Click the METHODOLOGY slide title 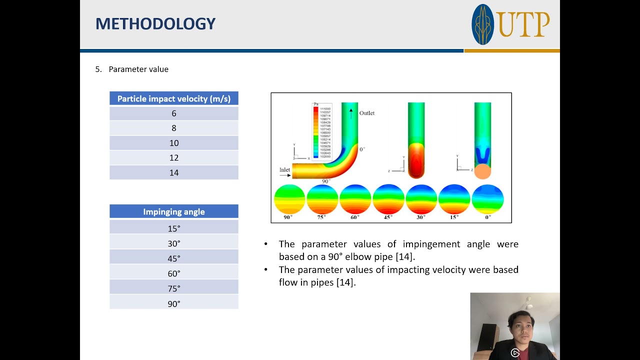155,23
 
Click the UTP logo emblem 483,24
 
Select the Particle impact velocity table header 173,98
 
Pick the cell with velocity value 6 173,113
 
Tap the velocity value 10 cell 173,143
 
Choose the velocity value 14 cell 173,172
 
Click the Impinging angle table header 173,212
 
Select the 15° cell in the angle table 173,228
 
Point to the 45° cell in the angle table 173,258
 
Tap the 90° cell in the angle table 173,303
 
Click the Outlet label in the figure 366,113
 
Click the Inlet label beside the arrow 284,170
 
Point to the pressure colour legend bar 315,132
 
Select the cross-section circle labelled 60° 355,199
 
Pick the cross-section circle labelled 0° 487,199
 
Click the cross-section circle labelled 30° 421,199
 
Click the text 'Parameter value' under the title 138,69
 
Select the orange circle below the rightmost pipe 482,171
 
